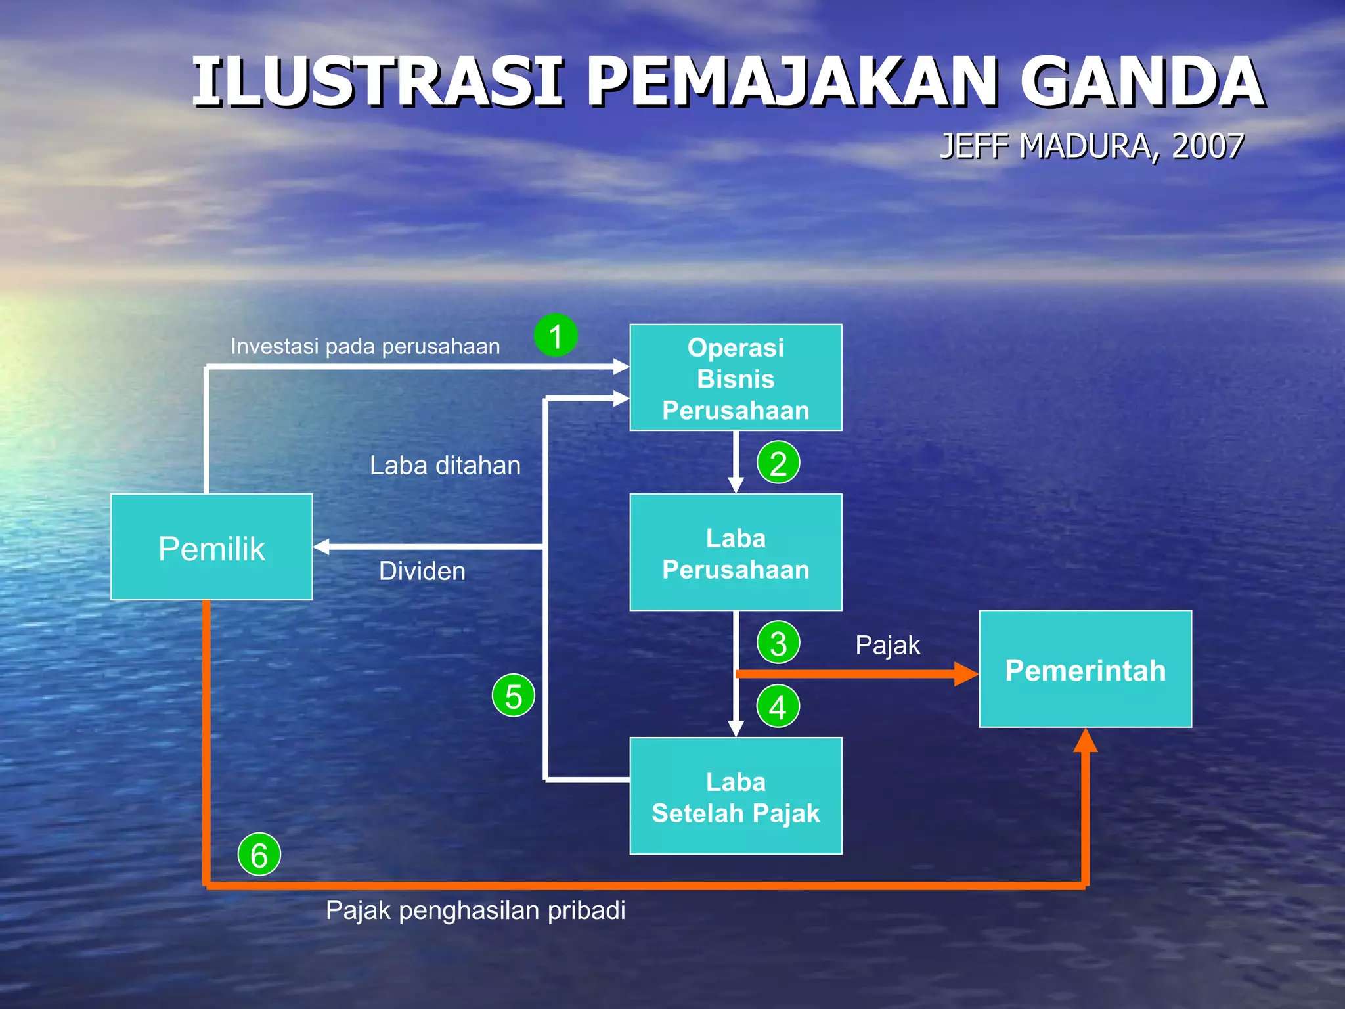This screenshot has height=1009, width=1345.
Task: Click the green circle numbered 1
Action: click(x=556, y=336)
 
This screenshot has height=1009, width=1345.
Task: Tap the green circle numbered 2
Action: click(x=778, y=462)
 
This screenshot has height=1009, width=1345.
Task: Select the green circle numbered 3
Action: click(x=778, y=642)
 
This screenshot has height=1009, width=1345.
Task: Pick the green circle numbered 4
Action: click(x=778, y=706)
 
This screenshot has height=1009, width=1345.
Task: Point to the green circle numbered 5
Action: click(x=514, y=695)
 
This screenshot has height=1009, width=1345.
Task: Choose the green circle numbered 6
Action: click(x=259, y=854)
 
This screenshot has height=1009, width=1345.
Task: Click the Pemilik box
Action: click(x=211, y=547)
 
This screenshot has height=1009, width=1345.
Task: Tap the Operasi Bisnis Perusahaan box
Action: click(x=736, y=378)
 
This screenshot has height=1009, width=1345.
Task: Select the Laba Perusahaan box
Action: click(x=736, y=552)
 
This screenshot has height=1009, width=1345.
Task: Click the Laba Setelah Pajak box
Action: click(x=736, y=796)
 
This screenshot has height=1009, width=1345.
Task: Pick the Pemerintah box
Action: click(x=1085, y=669)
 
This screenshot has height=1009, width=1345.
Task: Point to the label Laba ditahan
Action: click(x=445, y=465)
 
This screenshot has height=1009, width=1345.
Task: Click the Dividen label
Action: click(x=422, y=571)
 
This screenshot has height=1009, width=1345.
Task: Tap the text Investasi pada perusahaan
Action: click(x=365, y=346)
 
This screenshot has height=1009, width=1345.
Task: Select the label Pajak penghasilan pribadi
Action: click(x=475, y=910)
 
